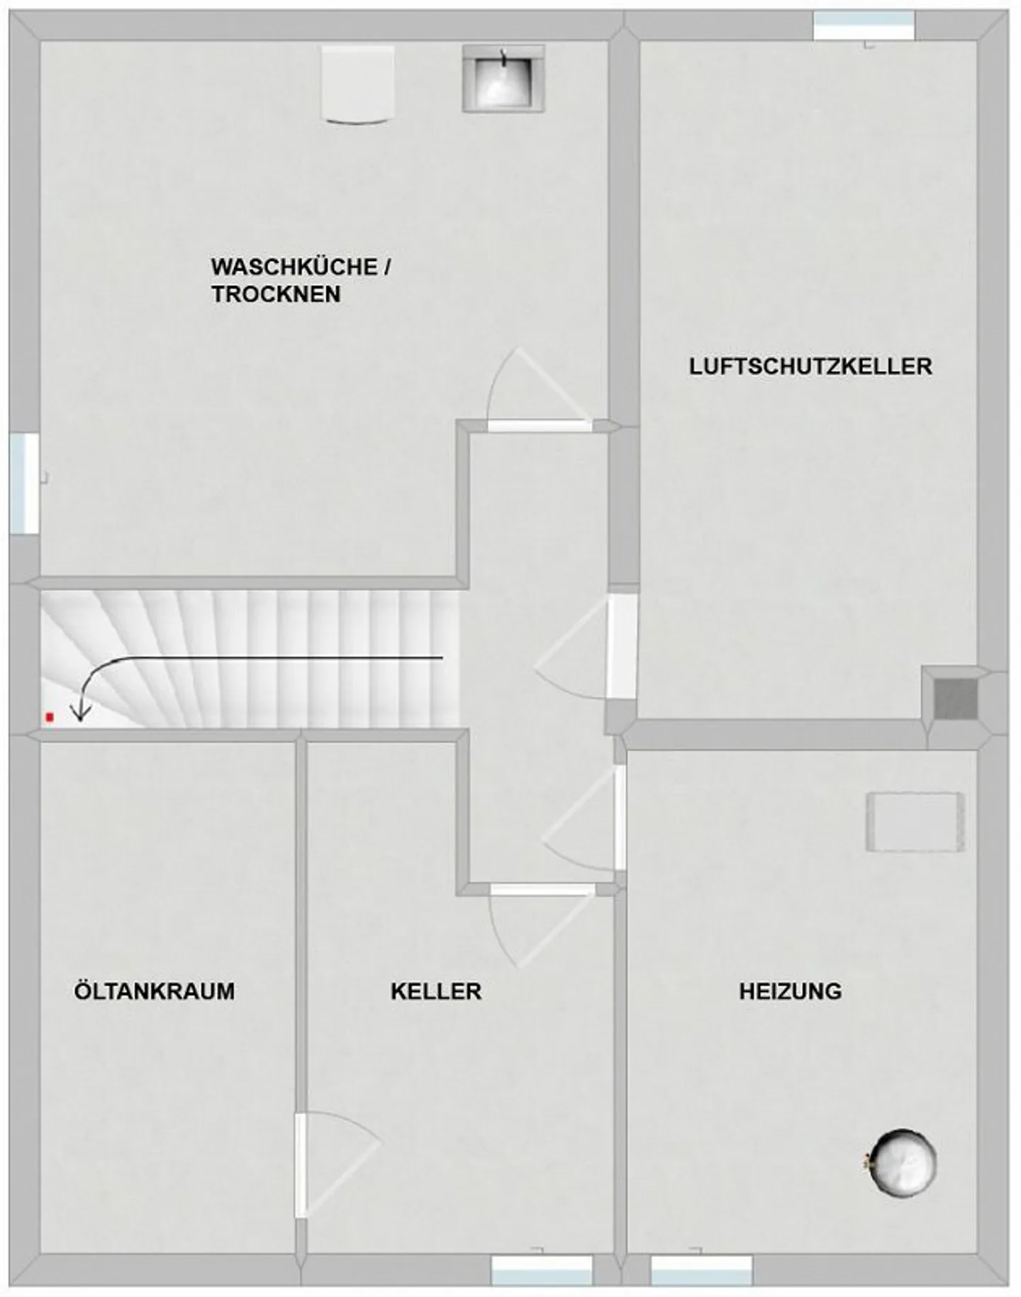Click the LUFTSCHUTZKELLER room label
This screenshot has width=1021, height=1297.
810,367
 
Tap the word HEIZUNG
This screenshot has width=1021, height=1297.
791,991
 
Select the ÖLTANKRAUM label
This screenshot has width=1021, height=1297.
155,991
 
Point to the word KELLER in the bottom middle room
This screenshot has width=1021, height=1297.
436,991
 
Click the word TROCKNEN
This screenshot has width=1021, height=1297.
276,294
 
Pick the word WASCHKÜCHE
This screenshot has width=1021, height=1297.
294,267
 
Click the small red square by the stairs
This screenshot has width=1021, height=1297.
50,718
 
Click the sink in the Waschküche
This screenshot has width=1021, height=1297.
504,79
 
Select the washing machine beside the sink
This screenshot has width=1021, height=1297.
357,84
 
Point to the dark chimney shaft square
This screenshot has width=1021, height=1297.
954,699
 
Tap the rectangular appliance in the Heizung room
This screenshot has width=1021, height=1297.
915,822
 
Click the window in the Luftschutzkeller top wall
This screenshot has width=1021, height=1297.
864,26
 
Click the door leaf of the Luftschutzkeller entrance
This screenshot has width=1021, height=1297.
621,646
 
